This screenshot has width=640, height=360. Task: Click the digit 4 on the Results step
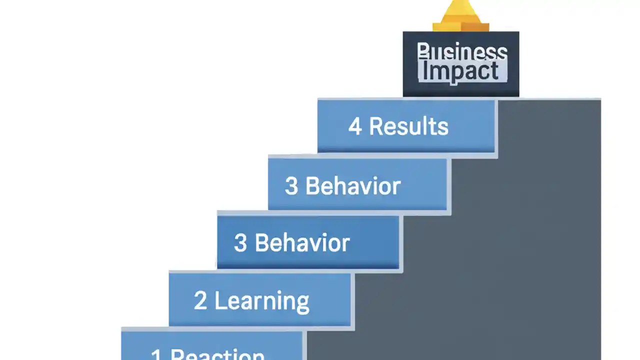(355, 126)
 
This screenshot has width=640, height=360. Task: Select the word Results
(408, 126)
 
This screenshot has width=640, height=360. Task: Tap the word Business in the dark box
(461, 52)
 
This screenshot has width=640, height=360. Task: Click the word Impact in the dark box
(460, 71)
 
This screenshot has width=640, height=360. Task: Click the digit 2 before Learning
(200, 300)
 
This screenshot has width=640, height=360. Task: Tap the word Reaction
(217, 354)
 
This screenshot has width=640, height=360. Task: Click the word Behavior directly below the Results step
(353, 186)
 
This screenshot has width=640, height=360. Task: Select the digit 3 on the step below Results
(291, 186)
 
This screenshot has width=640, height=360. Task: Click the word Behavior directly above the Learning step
(302, 243)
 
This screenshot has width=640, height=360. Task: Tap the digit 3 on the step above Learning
(240, 243)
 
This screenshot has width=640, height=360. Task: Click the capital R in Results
(376, 126)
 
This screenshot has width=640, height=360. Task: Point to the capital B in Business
(423, 52)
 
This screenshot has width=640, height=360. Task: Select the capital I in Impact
(425, 71)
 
